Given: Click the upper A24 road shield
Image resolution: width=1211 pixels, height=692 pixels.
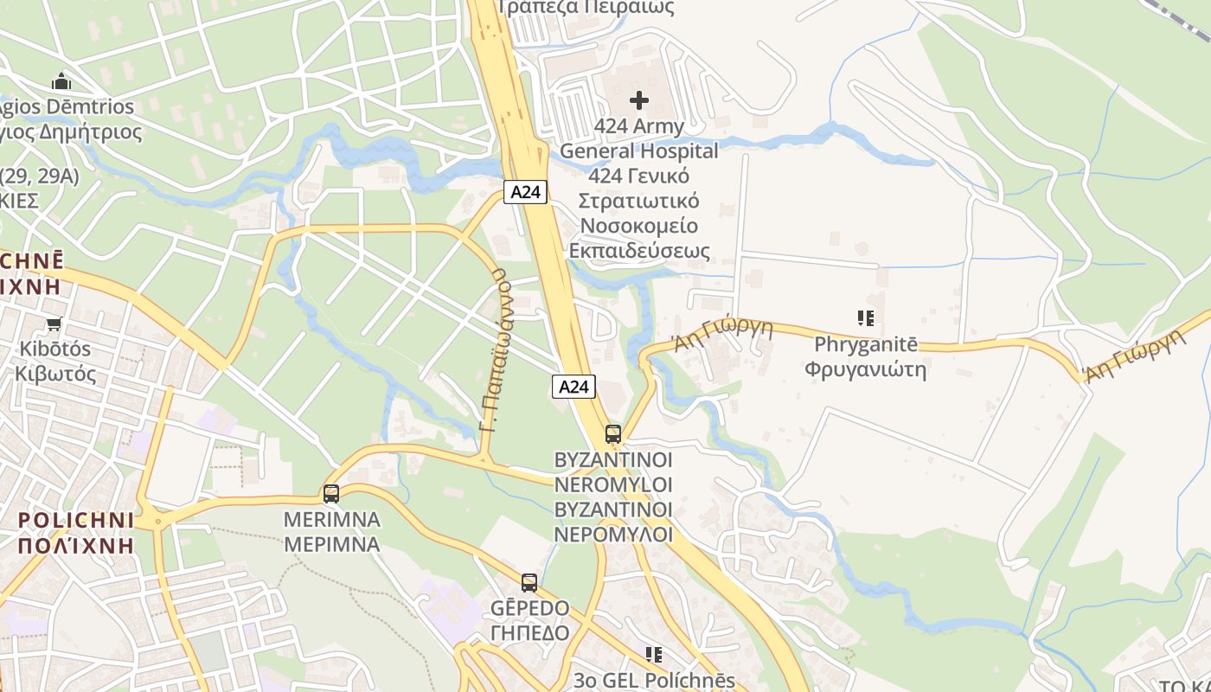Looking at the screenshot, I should point(525,192).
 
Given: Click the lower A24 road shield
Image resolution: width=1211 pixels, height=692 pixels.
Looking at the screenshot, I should point(573,387).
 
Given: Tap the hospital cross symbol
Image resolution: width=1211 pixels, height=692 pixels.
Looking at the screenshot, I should point(638,100).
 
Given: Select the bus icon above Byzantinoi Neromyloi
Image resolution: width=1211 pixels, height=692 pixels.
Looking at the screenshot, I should point(612,433).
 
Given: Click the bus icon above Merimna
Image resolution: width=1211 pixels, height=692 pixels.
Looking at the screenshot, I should point(330,494).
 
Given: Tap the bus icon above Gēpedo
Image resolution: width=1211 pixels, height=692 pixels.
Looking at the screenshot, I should point(529,583).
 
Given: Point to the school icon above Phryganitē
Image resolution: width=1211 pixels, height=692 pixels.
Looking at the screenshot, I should point(865,318).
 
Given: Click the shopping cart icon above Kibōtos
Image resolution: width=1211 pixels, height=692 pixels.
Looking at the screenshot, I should point(54,324).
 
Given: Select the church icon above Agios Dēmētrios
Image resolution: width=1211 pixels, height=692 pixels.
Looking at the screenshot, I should point(61,82).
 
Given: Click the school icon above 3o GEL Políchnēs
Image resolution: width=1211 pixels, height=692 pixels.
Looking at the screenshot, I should point(653,655).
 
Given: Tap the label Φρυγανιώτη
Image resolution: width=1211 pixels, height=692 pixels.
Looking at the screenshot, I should point(865,370).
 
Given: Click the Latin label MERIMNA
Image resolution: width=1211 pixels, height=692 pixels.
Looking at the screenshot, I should point(332,520).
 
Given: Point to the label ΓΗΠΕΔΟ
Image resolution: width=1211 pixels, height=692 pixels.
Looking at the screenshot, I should point(529,633).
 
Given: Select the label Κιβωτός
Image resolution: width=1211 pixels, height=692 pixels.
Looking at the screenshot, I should point(55,375).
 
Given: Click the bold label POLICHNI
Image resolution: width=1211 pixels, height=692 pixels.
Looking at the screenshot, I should point(76,521).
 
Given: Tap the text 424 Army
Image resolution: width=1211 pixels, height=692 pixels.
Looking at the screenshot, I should point(638,126).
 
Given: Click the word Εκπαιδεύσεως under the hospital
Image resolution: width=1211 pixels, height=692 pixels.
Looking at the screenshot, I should point(638,251).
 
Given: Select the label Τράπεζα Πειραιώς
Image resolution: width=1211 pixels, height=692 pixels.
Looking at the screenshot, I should point(586,7).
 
